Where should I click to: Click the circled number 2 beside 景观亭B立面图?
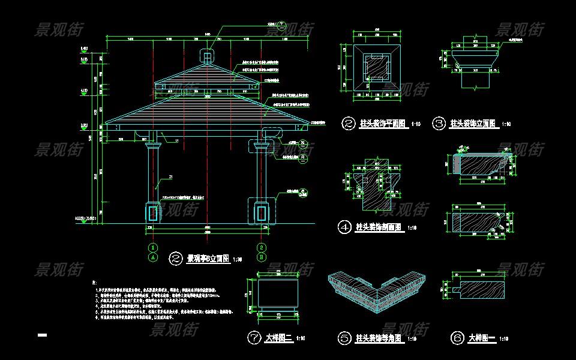[176, 259]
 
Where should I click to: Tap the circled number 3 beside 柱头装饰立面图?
[439, 124]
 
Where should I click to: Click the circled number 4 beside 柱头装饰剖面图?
[345, 227]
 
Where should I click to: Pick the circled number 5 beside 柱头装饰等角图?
[344, 338]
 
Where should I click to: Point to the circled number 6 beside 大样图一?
[457, 338]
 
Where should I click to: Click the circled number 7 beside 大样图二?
[254, 338]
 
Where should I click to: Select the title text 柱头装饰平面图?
[383, 124]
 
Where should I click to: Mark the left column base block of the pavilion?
[154, 212]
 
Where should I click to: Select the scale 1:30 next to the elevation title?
[238, 260]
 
